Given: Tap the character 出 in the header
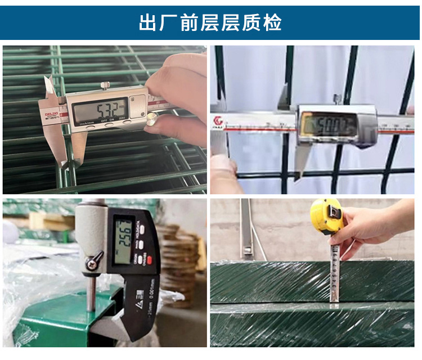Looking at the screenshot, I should point(148,22).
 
